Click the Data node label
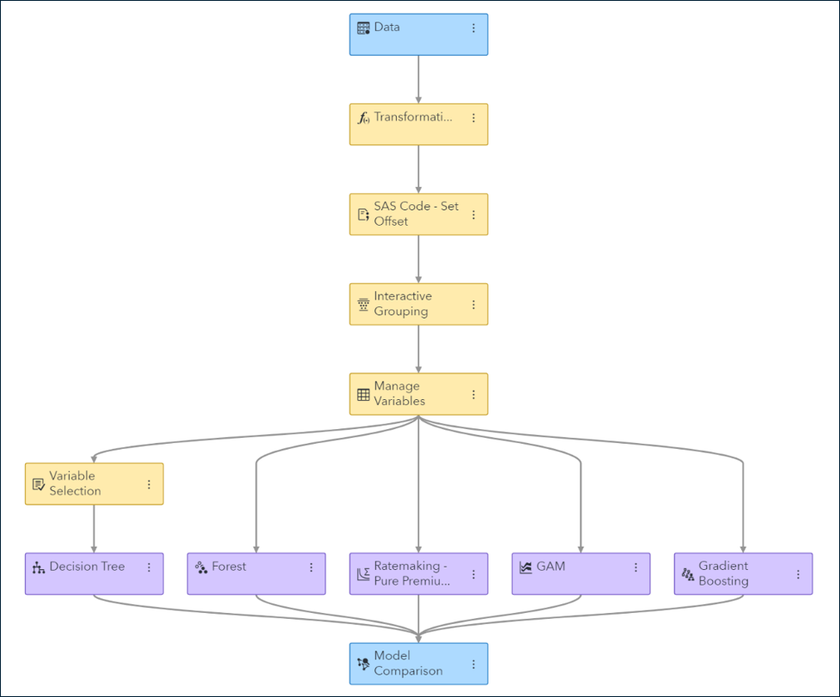(387, 27)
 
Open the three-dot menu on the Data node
(473, 28)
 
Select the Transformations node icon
(363, 118)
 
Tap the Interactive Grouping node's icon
(363, 305)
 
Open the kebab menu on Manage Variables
(473, 395)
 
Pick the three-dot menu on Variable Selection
(149, 485)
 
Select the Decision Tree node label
(87, 567)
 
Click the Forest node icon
(201, 567)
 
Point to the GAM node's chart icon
(526, 567)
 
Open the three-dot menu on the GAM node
(636, 567)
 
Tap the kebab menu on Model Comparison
(473, 664)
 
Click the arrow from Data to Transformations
(418, 79)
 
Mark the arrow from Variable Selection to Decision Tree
(94, 528)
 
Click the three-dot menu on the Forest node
(311, 567)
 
